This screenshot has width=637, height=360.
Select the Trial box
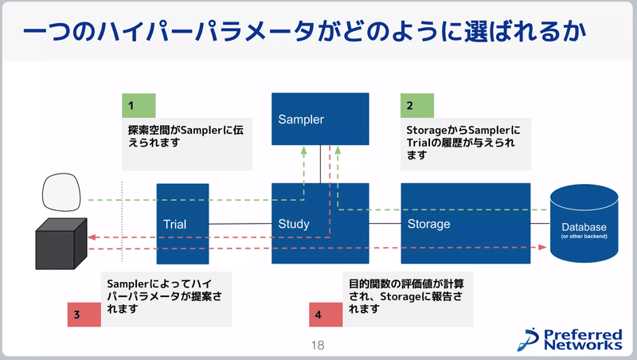(182, 224)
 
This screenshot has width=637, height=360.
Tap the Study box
(320, 224)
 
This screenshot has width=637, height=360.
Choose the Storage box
(465, 224)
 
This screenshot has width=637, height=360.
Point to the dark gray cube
(61, 241)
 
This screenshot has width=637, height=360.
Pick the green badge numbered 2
(417, 105)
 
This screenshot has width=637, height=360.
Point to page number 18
(318, 346)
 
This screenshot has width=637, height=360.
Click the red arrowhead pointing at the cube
(92, 237)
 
